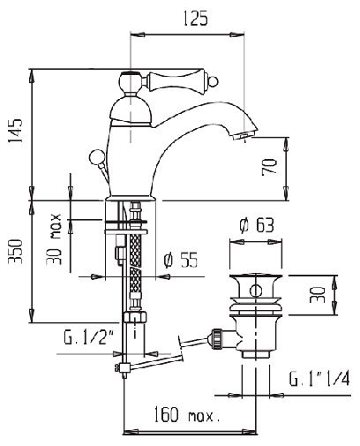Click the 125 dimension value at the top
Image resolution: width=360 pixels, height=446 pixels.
pyautogui.click(x=196, y=19)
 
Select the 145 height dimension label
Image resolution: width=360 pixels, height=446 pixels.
pyautogui.click(x=15, y=131)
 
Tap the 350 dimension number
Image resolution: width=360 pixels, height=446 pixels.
pyautogui.click(x=15, y=252)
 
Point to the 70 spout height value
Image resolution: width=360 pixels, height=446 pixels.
pyautogui.click(x=269, y=167)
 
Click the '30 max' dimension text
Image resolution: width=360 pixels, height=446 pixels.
pyautogui.click(x=54, y=239)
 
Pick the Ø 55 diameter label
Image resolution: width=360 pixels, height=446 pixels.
pyautogui.click(x=181, y=260)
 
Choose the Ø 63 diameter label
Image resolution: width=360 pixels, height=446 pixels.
pyautogui.click(x=257, y=226)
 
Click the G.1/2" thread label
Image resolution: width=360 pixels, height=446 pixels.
pyautogui.click(x=89, y=337)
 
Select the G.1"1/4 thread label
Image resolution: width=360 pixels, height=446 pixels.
pyautogui.click(x=319, y=379)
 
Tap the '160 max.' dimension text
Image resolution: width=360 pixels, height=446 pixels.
pyautogui.click(x=187, y=415)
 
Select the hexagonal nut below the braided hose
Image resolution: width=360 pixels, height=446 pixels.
pyautogui.click(x=135, y=317)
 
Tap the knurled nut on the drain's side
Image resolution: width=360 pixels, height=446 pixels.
pyautogui.click(x=217, y=338)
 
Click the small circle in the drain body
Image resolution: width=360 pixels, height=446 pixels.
pyautogui.click(x=256, y=291)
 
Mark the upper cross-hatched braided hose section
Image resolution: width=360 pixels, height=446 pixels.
pyautogui.click(x=135, y=250)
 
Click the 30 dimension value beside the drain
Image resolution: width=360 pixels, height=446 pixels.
pyautogui.click(x=318, y=295)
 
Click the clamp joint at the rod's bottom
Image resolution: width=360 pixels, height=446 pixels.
pyautogui.click(x=123, y=368)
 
